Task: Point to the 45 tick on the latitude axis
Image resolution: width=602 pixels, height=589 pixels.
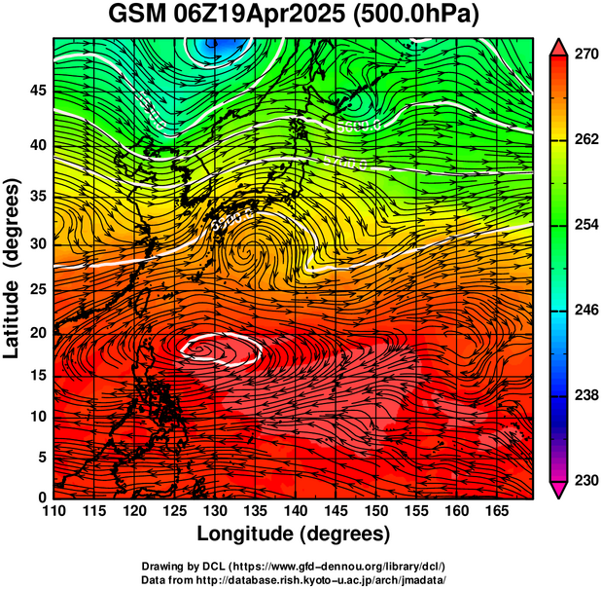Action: point(36,91)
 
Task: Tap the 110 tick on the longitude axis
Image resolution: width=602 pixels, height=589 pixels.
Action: point(53,512)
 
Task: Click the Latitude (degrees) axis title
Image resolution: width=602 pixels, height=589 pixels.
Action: point(14,267)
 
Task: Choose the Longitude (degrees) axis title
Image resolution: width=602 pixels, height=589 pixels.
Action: point(293,534)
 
